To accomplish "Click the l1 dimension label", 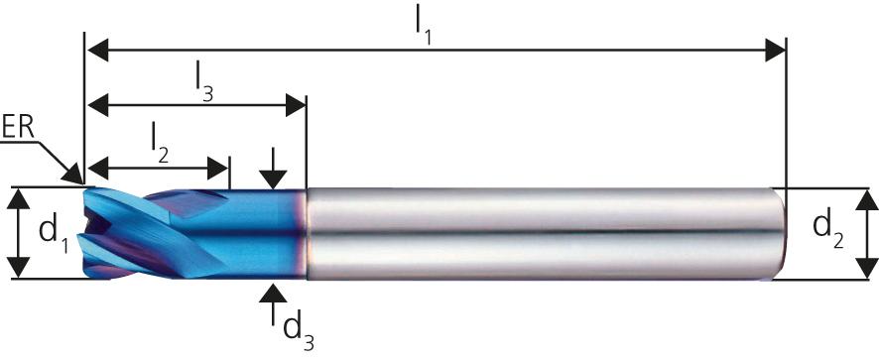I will [x=425, y=23].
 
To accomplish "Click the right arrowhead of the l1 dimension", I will [x=774, y=50].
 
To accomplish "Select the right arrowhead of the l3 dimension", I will [x=295, y=104].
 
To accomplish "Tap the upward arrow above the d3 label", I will [x=274, y=294].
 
